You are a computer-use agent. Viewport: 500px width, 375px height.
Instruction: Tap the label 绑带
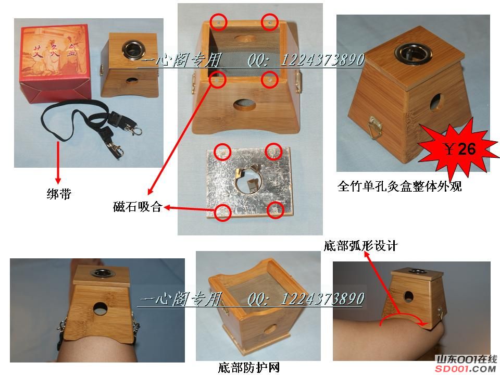click(59, 194)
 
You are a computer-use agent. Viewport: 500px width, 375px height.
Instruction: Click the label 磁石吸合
click(137, 207)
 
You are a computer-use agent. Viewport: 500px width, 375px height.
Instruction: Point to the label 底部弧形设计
click(360, 246)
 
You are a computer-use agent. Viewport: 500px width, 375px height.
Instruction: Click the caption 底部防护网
click(249, 367)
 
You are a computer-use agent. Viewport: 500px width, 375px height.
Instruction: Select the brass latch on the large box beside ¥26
click(376, 127)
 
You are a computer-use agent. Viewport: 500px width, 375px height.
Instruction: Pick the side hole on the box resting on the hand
click(409, 296)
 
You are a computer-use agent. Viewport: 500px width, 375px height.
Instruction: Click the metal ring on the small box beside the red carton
click(133, 49)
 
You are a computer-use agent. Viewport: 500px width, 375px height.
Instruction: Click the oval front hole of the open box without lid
click(245, 105)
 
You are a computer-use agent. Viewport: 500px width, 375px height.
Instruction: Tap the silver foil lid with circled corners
click(249, 180)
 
